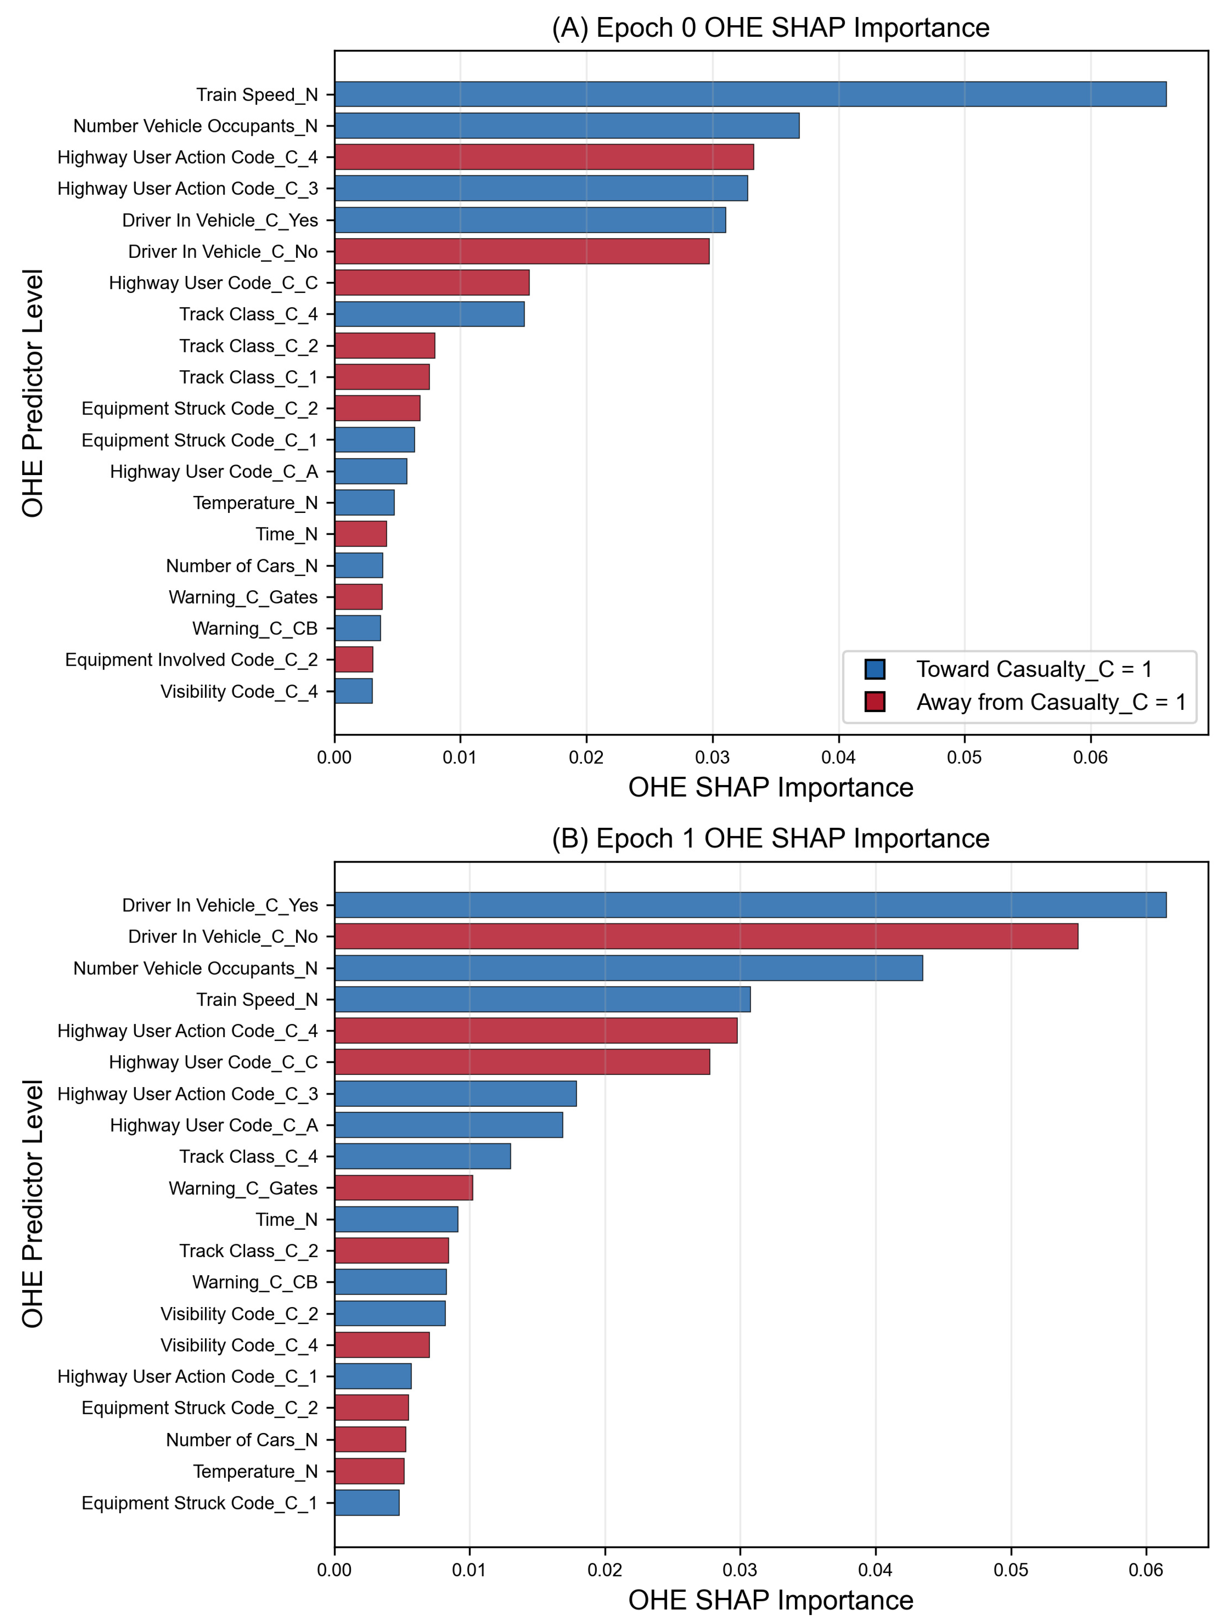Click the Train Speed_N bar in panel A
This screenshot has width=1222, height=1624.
pyautogui.click(x=750, y=94)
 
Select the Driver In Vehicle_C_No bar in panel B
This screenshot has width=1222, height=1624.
pyautogui.click(x=706, y=936)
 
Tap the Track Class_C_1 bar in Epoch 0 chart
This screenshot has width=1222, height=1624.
pyautogui.click(x=382, y=377)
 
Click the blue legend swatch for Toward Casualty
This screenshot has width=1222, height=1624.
pyautogui.click(x=875, y=669)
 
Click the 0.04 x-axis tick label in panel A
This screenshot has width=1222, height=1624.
pyautogui.click(x=838, y=757)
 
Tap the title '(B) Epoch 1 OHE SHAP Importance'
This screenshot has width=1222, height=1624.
pyautogui.click(x=770, y=838)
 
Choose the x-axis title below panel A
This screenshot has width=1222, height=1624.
pyautogui.click(x=770, y=787)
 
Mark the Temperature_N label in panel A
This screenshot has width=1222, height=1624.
pyautogui.click(x=255, y=503)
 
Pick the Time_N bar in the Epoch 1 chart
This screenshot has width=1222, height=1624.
pyautogui.click(x=396, y=1219)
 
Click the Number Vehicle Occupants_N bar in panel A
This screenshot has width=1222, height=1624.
pyautogui.click(x=566, y=126)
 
